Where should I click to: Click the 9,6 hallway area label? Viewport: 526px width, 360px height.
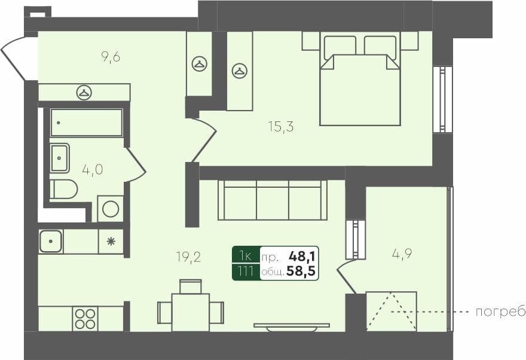(x=111, y=57)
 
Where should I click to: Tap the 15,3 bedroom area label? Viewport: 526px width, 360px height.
(x=281, y=126)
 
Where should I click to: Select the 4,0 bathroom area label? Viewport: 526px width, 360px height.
(x=93, y=169)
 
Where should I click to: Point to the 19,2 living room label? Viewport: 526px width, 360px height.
(x=188, y=258)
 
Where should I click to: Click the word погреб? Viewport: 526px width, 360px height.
(x=500, y=312)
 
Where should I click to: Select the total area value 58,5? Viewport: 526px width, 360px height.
(x=301, y=272)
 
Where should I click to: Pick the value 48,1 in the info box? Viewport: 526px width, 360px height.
(x=302, y=257)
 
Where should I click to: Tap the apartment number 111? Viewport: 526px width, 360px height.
(x=246, y=272)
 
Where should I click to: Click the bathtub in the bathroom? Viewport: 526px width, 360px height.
(x=87, y=123)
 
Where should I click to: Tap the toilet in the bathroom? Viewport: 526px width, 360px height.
(x=64, y=189)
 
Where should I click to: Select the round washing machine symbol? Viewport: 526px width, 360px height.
(x=111, y=209)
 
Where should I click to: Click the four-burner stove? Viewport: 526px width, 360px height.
(x=85, y=318)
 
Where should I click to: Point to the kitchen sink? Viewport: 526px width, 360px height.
(x=51, y=241)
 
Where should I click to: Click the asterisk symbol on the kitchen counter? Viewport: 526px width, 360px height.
(x=111, y=242)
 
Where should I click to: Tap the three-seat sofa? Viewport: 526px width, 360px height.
(x=273, y=200)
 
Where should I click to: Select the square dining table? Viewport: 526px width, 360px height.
(x=190, y=312)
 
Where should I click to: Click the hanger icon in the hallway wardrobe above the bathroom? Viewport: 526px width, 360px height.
(x=84, y=92)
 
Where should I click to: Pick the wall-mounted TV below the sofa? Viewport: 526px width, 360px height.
(x=292, y=326)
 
